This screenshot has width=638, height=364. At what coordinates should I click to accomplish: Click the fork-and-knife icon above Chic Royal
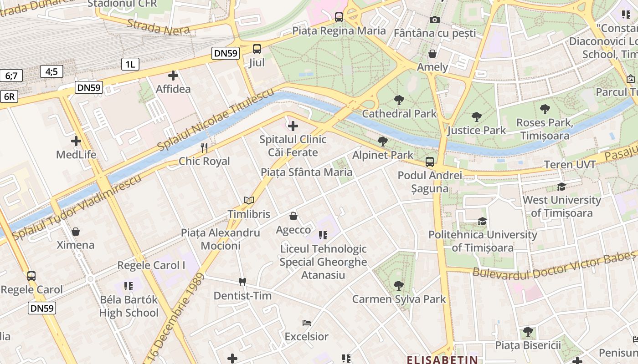coord(204,148)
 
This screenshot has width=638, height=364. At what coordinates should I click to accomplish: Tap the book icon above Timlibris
coord(249,201)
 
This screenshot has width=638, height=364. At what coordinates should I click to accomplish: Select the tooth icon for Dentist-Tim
coord(242,282)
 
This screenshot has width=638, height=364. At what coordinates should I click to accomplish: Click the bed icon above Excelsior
coord(307,323)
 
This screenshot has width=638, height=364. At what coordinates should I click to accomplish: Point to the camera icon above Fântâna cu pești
coord(435,20)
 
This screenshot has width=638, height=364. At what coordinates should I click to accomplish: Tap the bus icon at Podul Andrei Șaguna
coord(429,162)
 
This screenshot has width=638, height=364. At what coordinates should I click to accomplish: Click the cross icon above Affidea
coord(173,76)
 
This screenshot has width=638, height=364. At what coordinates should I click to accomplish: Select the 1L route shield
coord(130,64)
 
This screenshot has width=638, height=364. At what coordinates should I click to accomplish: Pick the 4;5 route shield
coord(51,71)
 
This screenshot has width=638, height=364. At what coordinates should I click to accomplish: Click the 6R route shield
coord(9,96)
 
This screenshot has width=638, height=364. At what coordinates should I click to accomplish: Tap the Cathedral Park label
coord(399,113)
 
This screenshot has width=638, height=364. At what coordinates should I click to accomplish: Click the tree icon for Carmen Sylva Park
coord(399,286)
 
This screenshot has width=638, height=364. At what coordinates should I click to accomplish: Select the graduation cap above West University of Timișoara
coord(561,187)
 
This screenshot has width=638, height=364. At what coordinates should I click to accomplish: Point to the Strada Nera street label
coord(158,28)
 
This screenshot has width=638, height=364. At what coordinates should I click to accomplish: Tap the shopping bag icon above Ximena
coord(76,232)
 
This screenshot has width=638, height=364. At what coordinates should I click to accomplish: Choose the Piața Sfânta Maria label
coord(306,172)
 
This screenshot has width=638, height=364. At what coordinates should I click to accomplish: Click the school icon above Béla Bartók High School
coord(129,286)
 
